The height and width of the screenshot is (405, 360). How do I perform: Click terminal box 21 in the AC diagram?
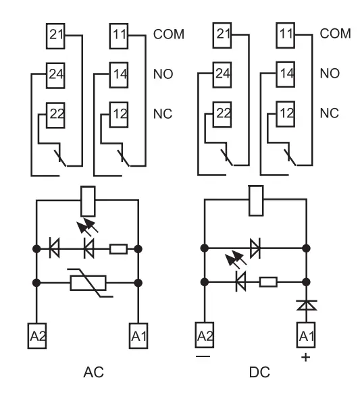[x=55, y=36]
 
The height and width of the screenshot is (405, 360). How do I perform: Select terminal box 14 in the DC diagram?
[x=285, y=74]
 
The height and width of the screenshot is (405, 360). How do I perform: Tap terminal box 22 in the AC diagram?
[x=55, y=115]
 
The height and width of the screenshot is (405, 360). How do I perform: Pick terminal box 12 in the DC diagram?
[x=285, y=114]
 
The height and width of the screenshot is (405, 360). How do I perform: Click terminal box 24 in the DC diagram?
[x=222, y=75]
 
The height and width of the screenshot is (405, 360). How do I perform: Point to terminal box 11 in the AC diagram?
[x=119, y=36]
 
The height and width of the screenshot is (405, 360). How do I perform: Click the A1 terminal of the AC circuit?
[x=138, y=335]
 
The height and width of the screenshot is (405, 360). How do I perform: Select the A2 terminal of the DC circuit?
[x=204, y=335]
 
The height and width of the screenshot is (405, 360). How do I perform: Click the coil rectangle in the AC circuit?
[x=88, y=201]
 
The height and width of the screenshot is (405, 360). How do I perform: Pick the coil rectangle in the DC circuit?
[x=256, y=200]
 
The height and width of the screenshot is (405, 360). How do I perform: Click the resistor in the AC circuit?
[x=118, y=249]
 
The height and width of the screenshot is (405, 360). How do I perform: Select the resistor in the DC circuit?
[x=268, y=281]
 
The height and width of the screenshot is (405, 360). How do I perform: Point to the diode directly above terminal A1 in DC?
[x=307, y=305]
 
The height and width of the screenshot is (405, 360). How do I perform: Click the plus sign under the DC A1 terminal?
[x=306, y=358]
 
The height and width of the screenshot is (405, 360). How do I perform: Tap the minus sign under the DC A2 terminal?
[x=203, y=356]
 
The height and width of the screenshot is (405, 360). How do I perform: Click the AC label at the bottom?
[x=94, y=372]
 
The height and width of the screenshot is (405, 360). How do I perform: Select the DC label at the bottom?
[x=260, y=372]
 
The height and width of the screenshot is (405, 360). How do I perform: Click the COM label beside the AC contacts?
[x=169, y=34]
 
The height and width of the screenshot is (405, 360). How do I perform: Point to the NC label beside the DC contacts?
[x=329, y=113]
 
